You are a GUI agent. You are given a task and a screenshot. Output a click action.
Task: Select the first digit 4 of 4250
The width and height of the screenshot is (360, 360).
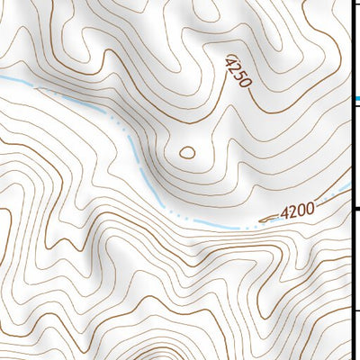click(230, 60)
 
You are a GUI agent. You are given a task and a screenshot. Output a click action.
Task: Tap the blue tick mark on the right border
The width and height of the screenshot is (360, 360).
click(355, 98)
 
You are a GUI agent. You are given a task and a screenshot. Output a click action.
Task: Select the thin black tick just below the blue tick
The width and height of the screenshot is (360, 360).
click(355, 108)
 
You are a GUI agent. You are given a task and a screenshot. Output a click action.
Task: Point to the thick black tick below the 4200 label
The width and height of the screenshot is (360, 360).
click(355, 210)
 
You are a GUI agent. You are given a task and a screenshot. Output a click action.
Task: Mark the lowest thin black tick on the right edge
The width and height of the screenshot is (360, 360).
click(355, 311)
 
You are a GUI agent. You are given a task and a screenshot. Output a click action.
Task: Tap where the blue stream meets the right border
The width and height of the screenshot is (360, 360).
click(349, 186)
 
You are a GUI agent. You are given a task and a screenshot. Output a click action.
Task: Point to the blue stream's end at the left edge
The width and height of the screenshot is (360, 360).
click(3, 78)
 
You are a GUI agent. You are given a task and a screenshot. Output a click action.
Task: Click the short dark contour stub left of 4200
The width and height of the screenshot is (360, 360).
click(268, 219)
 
